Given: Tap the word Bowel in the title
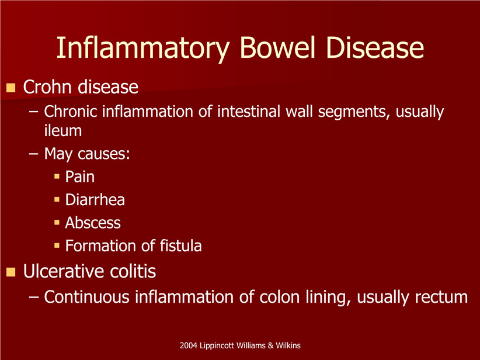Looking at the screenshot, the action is (277, 47).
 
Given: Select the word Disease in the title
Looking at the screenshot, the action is (375, 47).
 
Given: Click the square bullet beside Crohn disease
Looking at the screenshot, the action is (11, 88).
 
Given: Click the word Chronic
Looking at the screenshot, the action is (71, 111).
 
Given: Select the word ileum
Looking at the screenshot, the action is (62, 130).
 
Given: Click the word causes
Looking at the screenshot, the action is (104, 154).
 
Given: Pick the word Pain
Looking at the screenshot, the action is (80, 176).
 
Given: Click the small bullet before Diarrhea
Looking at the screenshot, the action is (57, 199).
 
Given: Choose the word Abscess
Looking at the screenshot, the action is (93, 223).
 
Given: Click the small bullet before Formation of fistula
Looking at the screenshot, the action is (57, 245).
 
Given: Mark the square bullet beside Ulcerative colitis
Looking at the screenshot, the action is (11, 272).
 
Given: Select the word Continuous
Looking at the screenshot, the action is (86, 297).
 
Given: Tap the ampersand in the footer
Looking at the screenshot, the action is (270, 345).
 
